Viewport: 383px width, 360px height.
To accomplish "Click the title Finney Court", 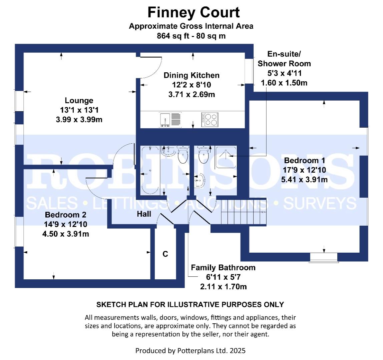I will click(194, 13).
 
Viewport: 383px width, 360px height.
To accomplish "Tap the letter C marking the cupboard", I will click(165, 254).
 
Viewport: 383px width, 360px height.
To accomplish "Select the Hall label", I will click(144, 214).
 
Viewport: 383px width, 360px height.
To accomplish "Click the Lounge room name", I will click(79, 100).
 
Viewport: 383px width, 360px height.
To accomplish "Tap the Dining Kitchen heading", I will click(191, 75).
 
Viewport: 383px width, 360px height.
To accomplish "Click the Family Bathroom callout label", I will click(223, 267).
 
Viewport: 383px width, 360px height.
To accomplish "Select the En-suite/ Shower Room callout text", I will click(284, 59).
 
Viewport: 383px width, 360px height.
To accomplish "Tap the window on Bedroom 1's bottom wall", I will click(323, 257).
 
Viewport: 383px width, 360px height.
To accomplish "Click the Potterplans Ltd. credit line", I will click(190, 350).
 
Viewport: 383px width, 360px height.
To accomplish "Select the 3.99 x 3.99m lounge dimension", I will click(79, 119).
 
